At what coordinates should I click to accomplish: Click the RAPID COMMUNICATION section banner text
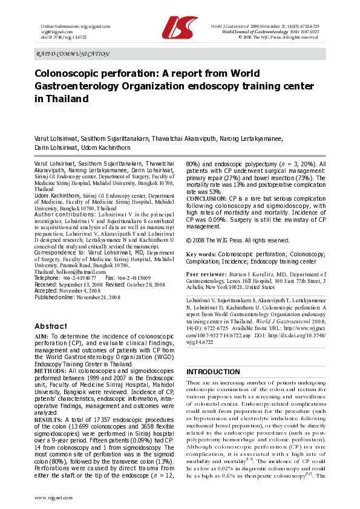click(69, 54)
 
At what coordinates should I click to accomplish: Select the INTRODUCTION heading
click(212, 372)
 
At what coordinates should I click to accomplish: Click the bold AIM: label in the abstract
click(42, 336)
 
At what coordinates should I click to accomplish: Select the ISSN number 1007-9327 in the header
click(306, 32)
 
